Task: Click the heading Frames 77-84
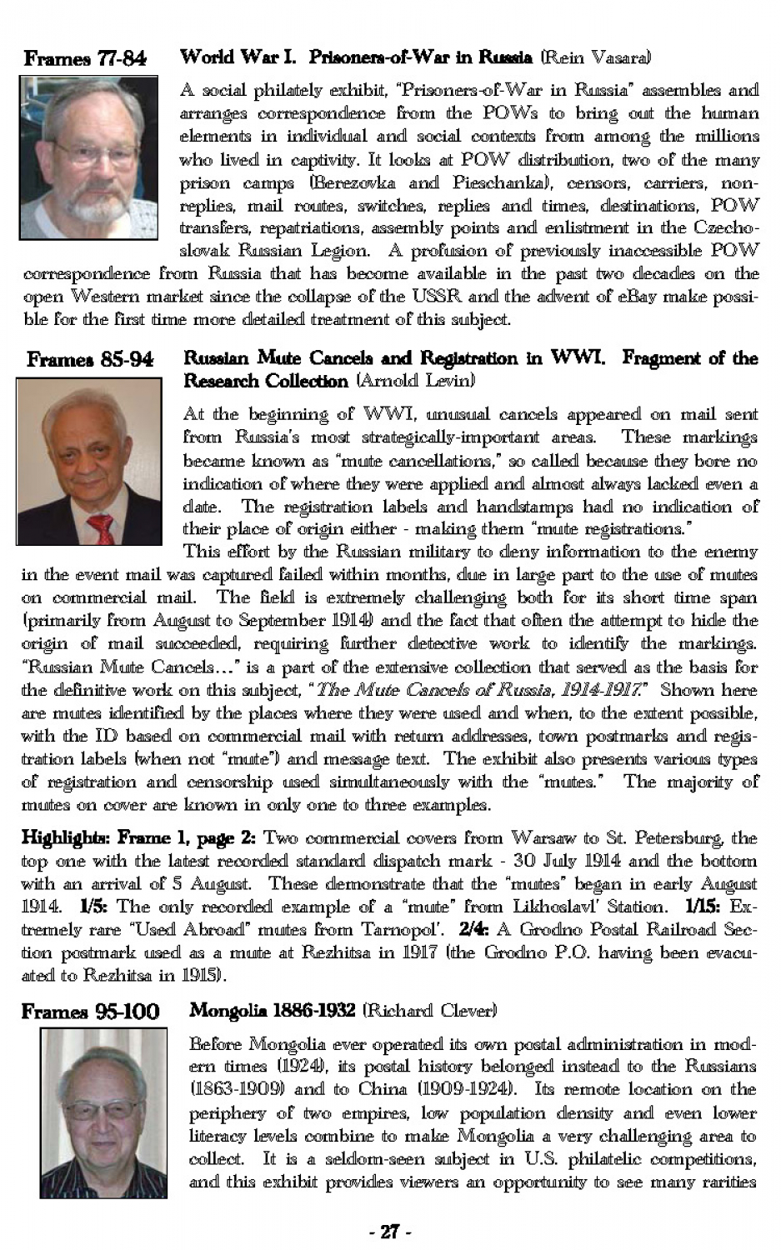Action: tap(85, 58)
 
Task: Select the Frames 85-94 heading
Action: tap(90, 359)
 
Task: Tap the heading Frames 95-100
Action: tap(90, 1012)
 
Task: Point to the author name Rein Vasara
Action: tap(595, 57)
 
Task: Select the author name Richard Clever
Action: tap(429, 1011)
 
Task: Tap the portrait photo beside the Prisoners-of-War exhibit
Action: tap(88, 157)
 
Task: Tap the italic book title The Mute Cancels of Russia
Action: tap(478, 690)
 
